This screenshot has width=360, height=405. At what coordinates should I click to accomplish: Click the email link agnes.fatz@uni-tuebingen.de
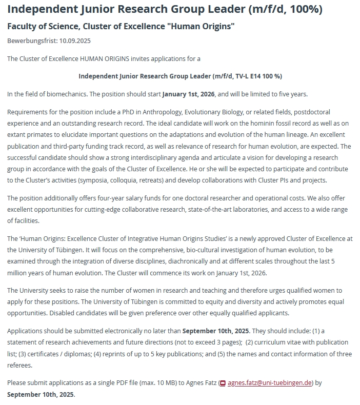coord(270,383)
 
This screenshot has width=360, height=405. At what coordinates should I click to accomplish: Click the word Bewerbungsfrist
coord(30,40)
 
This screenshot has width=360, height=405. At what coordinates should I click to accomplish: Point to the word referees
coord(19,366)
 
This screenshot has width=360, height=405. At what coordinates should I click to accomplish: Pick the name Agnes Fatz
coord(200,383)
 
